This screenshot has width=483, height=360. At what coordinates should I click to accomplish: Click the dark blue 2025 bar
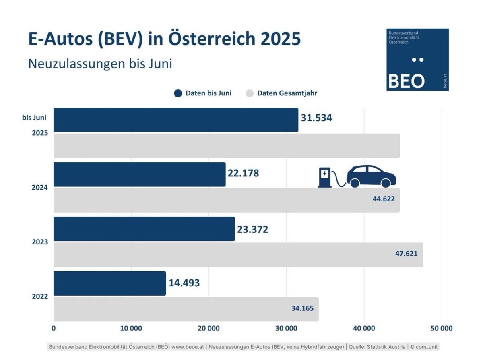click(175, 120)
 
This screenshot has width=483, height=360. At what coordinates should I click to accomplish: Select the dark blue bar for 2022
click(109, 283)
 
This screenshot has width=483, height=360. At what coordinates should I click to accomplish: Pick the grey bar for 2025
click(227, 146)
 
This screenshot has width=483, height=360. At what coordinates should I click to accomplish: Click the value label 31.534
click(316, 118)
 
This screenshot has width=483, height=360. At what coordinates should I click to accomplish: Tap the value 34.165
click(302, 308)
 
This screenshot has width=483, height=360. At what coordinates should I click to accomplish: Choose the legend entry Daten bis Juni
click(203, 93)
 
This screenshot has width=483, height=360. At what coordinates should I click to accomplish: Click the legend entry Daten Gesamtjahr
click(281, 93)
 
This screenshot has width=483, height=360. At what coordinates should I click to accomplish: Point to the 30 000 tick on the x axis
click(286, 328)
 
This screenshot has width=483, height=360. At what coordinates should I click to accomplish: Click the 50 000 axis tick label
click(441, 328)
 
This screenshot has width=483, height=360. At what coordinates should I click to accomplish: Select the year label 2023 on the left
click(40, 242)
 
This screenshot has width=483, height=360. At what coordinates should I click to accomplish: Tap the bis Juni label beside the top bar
click(34, 118)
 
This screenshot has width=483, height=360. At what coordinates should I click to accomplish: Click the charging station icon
click(324, 177)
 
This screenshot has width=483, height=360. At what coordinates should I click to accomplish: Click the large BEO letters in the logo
click(406, 81)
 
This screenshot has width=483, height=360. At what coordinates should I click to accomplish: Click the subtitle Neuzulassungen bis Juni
click(100, 64)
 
